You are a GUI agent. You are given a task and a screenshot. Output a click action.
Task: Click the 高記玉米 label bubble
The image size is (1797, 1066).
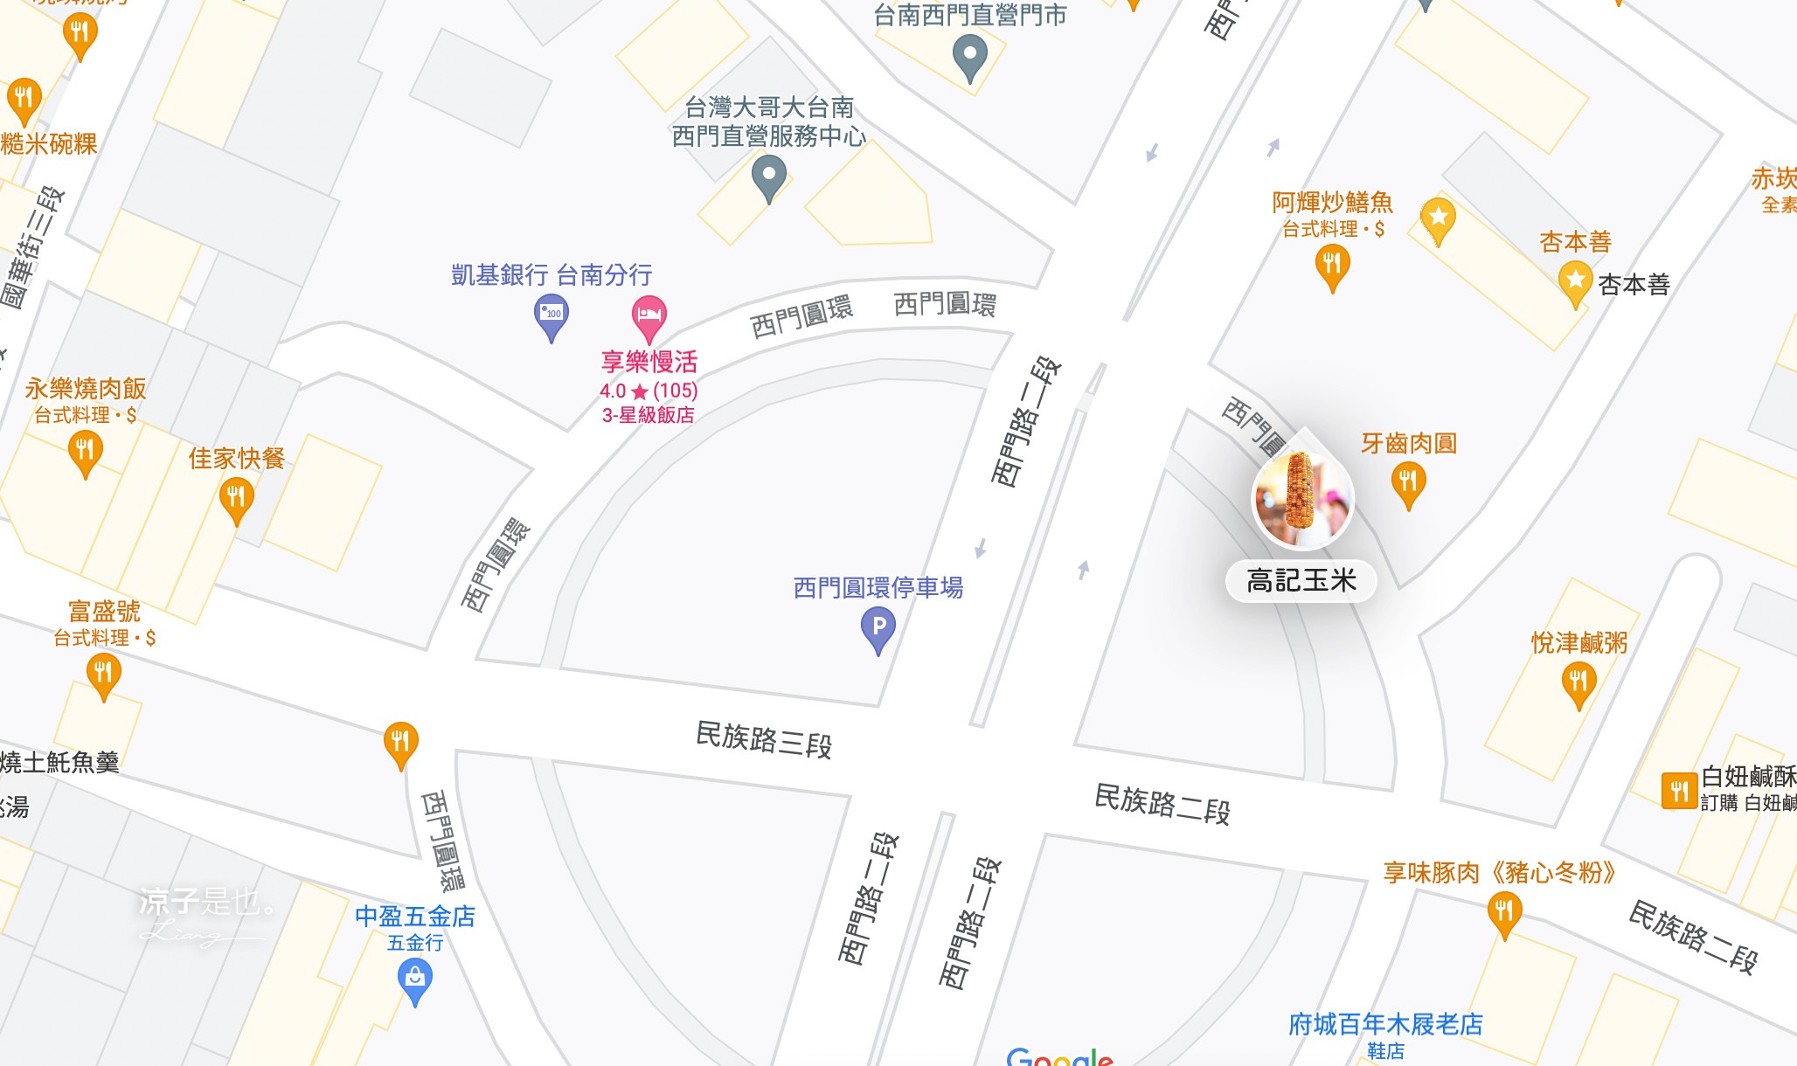pyautogui.click(x=1301, y=581)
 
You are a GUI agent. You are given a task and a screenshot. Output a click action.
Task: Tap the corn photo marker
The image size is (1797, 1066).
pyautogui.click(x=1302, y=498)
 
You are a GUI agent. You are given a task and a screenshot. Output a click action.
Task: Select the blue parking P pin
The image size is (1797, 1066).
pyautogui.click(x=878, y=628)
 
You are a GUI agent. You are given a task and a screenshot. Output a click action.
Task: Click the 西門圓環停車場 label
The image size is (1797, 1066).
pyautogui.click(x=878, y=588)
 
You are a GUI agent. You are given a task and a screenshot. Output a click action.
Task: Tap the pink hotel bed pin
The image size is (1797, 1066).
pyautogui.click(x=649, y=315)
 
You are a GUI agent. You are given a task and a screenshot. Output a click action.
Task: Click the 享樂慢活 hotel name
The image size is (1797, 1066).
pyautogui.click(x=649, y=362)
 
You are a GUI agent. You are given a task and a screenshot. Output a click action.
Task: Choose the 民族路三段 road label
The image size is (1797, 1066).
pyautogui.click(x=764, y=739)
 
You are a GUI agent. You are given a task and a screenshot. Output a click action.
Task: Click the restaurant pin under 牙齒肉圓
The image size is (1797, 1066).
pyautogui.click(x=1408, y=482)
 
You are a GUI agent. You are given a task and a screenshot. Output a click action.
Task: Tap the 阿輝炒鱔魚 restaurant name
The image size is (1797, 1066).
pyautogui.click(x=1332, y=203)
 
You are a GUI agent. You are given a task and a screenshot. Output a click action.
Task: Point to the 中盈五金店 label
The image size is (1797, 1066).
pyautogui.click(x=415, y=917)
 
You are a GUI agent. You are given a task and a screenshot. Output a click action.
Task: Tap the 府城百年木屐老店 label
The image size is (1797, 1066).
pyautogui.click(x=1385, y=1024)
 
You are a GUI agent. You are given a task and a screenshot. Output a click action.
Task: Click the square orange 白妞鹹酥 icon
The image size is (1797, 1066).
pyautogui.click(x=1678, y=792)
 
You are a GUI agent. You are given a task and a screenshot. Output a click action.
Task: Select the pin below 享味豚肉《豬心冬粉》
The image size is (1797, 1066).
pyautogui.click(x=1503, y=913)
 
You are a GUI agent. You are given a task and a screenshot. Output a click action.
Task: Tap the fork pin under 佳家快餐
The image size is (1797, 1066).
pyautogui.click(x=236, y=499)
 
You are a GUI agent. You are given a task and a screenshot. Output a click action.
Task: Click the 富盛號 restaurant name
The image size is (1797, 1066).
pyautogui.click(x=104, y=611)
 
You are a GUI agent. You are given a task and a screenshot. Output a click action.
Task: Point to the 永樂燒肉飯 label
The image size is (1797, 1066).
pyautogui.click(x=86, y=389)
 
